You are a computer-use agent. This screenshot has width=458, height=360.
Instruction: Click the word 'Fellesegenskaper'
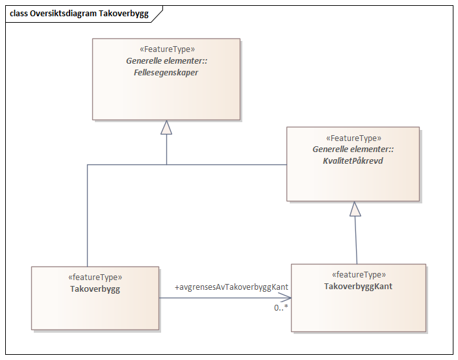pyautogui.click(x=166, y=73)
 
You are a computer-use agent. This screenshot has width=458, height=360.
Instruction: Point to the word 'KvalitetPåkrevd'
pyautogui.click(x=353, y=161)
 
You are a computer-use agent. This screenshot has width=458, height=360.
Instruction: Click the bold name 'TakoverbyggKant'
pyautogui.click(x=359, y=286)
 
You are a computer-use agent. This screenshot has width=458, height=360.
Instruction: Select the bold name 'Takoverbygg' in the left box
pyautogui.click(x=95, y=289)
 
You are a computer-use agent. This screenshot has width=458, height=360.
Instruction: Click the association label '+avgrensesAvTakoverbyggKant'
pyautogui.click(x=231, y=287)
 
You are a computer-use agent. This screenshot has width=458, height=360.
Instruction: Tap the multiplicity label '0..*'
pyautogui.click(x=281, y=307)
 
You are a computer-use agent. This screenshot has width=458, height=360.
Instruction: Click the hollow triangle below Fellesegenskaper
pyautogui.click(x=166, y=127)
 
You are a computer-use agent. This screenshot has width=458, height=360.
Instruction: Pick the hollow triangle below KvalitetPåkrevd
pyautogui.click(x=354, y=209)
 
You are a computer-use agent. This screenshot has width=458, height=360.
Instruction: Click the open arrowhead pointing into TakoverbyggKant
pyautogui.click(x=286, y=298)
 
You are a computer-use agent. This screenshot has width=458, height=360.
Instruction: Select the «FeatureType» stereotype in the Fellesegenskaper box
pyautogui.click(x=166, y=49)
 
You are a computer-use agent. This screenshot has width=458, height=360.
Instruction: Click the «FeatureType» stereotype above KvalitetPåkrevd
pyautogui.click(x=353, y=138)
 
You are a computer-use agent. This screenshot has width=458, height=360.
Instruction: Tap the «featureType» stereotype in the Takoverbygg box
pyautogui.click(x=95, y=277)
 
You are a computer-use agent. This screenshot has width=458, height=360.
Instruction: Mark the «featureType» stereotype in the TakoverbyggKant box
pyautogui.click(x=359, y=274)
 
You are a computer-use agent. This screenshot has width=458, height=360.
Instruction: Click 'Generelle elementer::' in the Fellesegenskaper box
pyautogui.click(x=166, y=61)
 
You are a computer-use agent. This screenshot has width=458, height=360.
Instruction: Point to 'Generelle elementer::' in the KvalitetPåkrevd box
pyautogui.click(x=353, y=149)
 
